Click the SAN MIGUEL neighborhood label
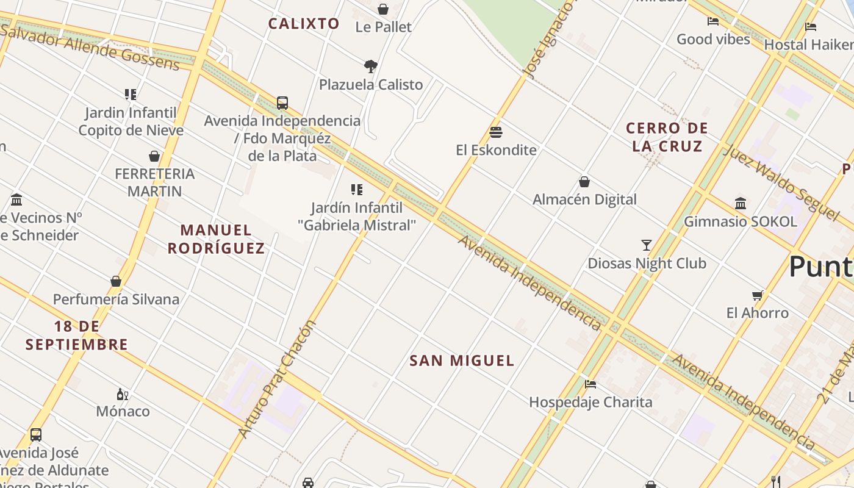coord(462,361)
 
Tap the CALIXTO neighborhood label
coord(304,24)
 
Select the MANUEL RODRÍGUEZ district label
coord(216,239)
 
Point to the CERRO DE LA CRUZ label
coord(667,137)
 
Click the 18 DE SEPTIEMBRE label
coord(77,335)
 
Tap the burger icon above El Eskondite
coord(496,132)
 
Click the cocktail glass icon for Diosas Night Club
coord(647,245)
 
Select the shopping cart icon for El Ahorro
coord(758,295)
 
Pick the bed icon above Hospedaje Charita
coord(590,384)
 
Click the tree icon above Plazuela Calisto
coord(370,66)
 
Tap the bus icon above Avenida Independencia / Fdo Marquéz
coord(282,102)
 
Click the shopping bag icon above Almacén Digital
coord(584,182)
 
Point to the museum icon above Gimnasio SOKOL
coord(741,203)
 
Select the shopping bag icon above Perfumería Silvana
coord(116,281)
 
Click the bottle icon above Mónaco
coord(123,394)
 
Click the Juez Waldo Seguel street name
coord(781,181)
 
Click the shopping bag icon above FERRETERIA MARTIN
coord(154,156)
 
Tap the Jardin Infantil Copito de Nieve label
coord(131,121)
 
